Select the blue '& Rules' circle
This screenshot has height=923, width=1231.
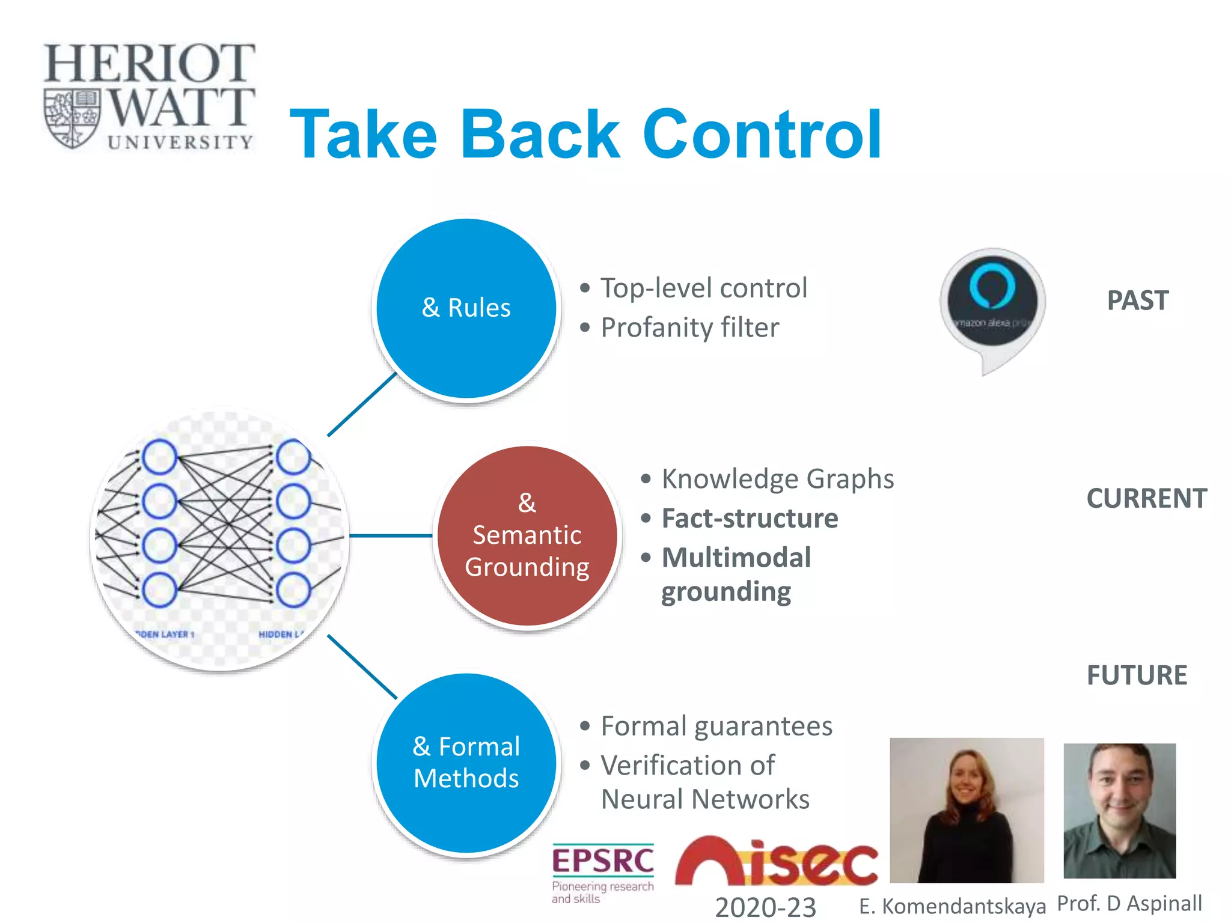pyautogui.click(x=466, y=308)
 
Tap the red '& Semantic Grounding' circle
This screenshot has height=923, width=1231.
pyautogui.click(x=527, y=535)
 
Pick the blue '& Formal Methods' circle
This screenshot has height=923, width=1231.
pyautogui.click(x=466, y=763)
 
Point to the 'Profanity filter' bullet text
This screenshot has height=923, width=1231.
pyautogui.click(x=689, y=328)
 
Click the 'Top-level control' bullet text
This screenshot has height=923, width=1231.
pyautogui.click(x=704, y=288)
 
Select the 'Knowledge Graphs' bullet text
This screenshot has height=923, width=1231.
pyautogui.click(x=777, y=480)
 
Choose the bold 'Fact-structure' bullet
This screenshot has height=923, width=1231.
pyautogui.click(x=750, y=519)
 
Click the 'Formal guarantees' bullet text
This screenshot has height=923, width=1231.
pyautogui.click(x=716, y=727)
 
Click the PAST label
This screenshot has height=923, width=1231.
pyautogui.click(x=1138, y=300)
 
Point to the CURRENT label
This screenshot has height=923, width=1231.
pyautogui.click(x=1146, y=499)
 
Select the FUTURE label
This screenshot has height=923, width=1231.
pyautogui.click(x=1137, y=675)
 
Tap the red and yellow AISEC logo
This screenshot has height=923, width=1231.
pyautogui.click(x=776, y=862)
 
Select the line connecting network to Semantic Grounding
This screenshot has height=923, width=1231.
pyautogui.click(x=391, y=535)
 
